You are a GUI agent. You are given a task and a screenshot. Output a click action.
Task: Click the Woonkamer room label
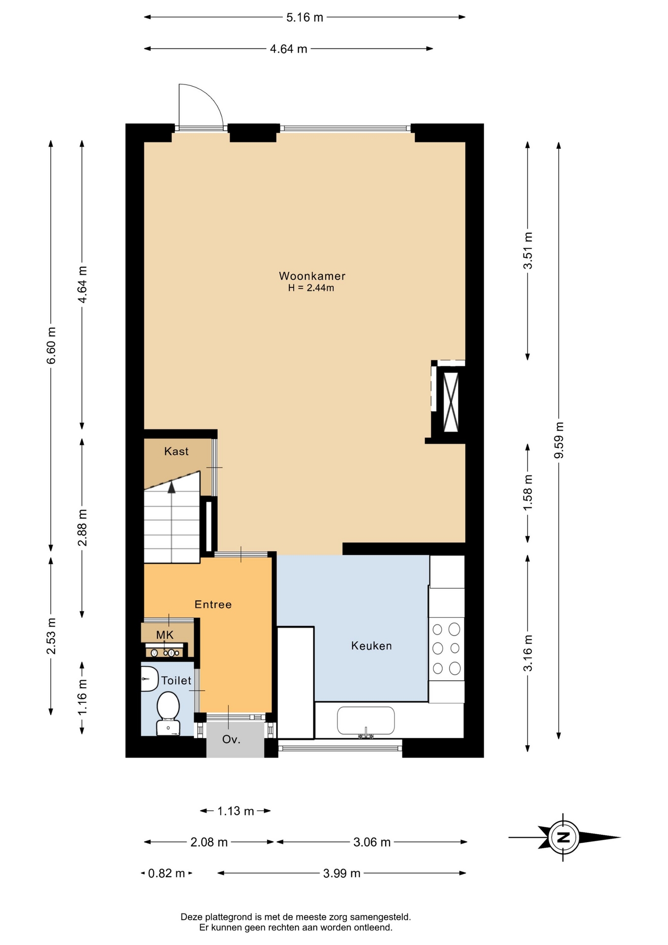(312, 276)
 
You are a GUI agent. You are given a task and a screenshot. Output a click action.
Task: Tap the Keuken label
(371, 646)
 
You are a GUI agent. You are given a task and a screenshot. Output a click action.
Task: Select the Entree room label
(213, 604)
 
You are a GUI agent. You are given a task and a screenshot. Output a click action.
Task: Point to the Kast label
(176, 451)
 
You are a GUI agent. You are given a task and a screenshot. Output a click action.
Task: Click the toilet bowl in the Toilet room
(168, 713)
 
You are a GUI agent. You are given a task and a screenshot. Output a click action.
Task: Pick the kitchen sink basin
(365, 721)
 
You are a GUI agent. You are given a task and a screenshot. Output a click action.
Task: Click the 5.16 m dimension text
(305, 17)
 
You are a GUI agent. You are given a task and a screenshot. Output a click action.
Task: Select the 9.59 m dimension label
(559, 440)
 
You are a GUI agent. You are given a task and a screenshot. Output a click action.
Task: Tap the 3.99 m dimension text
(342, 873)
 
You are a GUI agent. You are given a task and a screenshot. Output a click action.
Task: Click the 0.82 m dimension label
(167, 873)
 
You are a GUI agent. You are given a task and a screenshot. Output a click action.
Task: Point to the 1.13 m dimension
(236, 811)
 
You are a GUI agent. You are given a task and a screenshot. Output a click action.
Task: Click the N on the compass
(564, 837)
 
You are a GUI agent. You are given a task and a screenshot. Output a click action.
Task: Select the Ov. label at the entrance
(231, 739)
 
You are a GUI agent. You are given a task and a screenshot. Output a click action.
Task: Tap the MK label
(165, 635)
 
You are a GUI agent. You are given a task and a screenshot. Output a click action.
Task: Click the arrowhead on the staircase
(172, 487)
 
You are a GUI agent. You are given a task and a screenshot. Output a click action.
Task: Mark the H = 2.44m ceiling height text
(311, 288)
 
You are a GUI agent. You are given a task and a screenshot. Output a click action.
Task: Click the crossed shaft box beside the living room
(451, 402)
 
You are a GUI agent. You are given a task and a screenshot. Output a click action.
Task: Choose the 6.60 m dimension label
(51, 346)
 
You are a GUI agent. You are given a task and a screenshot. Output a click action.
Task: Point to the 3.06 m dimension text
(372, 842)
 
